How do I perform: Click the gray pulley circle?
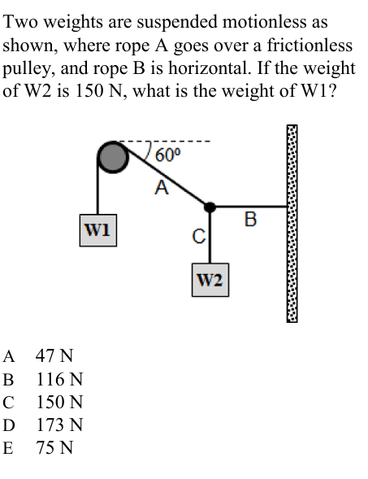point(112,156)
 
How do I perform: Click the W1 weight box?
point(100,228)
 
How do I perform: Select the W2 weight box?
point(210,281)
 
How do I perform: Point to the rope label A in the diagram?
point(162,189)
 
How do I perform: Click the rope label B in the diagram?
point(249,219)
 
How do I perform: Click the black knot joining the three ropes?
point(210,207)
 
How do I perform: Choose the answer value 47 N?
point(54,356)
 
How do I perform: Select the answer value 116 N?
point(59,380)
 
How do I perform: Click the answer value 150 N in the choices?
point(59,403)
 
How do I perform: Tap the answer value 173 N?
point(59,425)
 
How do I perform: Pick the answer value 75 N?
point(54,448)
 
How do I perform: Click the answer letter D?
point(9,425)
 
